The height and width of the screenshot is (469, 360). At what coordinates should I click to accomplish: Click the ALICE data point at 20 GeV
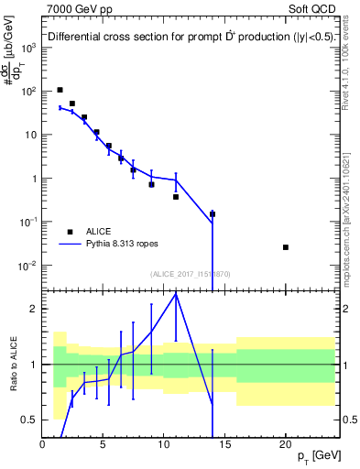[286, 247]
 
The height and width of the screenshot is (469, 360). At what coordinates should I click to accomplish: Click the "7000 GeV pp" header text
[76, 9]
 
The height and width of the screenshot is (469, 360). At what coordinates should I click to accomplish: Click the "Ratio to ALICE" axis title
[13, 365]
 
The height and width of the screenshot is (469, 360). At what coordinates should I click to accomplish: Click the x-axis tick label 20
[286, 443]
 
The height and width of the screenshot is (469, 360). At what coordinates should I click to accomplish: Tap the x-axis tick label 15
[225, 443]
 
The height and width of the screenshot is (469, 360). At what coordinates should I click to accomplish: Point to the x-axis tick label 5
[104, 443]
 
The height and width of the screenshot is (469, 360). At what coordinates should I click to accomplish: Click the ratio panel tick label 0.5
[30, 420]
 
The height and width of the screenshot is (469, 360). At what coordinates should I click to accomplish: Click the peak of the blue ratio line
[176, 293]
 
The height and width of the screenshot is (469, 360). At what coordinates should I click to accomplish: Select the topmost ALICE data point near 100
[60, 90]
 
